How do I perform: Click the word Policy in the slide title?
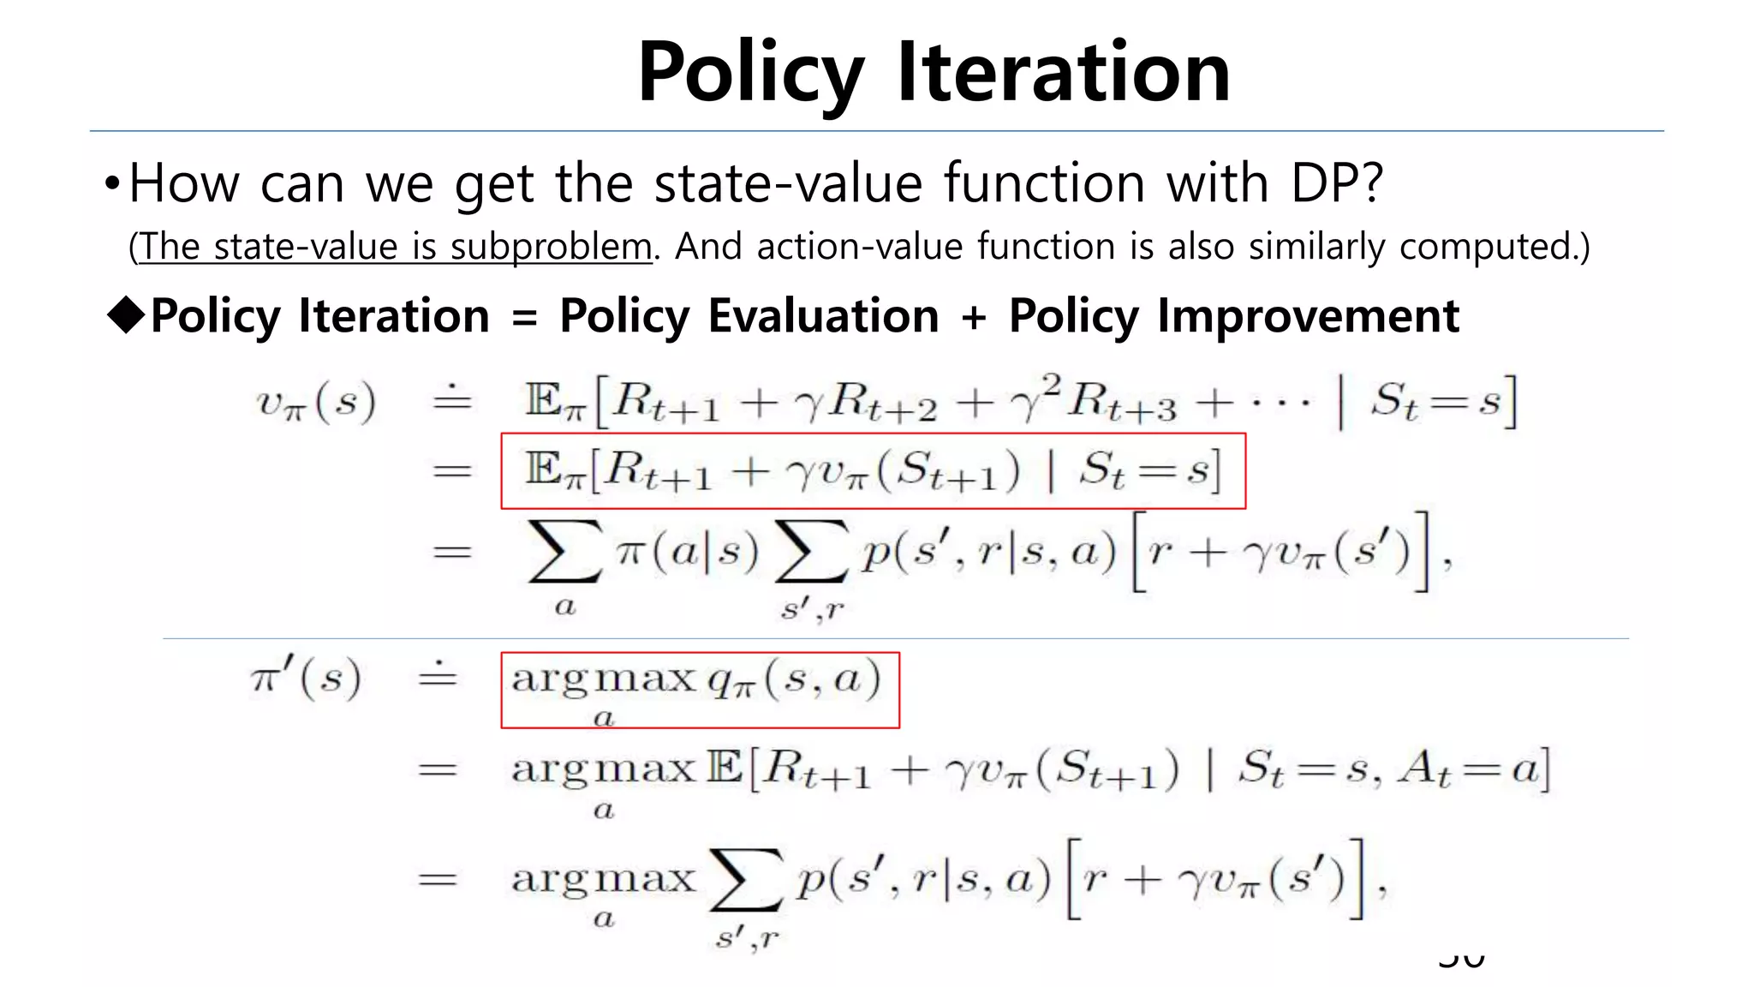click(750, 74)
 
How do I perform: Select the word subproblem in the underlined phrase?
click(551, 247)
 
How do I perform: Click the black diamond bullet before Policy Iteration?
click(127, 315)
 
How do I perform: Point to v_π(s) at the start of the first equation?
click(316, 402)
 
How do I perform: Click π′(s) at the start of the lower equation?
click(306, 678)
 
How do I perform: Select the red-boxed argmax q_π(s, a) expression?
click(700, 690)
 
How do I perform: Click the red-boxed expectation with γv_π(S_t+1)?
click(873, 471)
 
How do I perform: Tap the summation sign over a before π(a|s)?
click(564, 553)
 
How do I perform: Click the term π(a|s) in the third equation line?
click(687, 553)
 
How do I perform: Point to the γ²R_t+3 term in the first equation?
click(1093, 400)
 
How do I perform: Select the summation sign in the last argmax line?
click(745, 881)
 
